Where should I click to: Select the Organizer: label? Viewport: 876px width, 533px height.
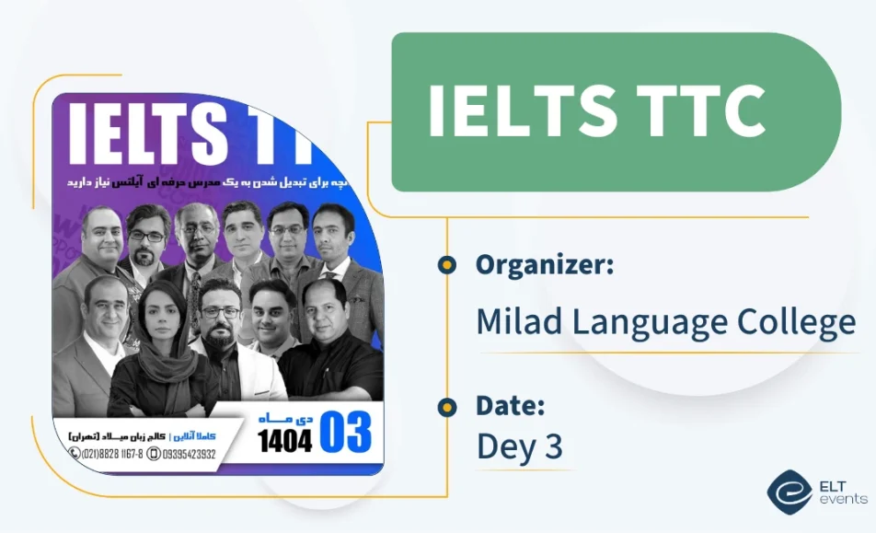pyautogui.click(x=545, y=265)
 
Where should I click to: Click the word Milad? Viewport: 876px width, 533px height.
pyautogui.click(x=517, y=322)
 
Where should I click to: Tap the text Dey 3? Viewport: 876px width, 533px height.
pyautogui.click(x=519, y=446)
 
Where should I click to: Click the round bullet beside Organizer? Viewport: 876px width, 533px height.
pyautogui.click(x=447, y=265)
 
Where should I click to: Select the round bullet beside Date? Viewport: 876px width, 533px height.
pyautogui.click(x=447, y=406)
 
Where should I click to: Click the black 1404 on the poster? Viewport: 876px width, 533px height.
pyautogui.click(x=284, y=440)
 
